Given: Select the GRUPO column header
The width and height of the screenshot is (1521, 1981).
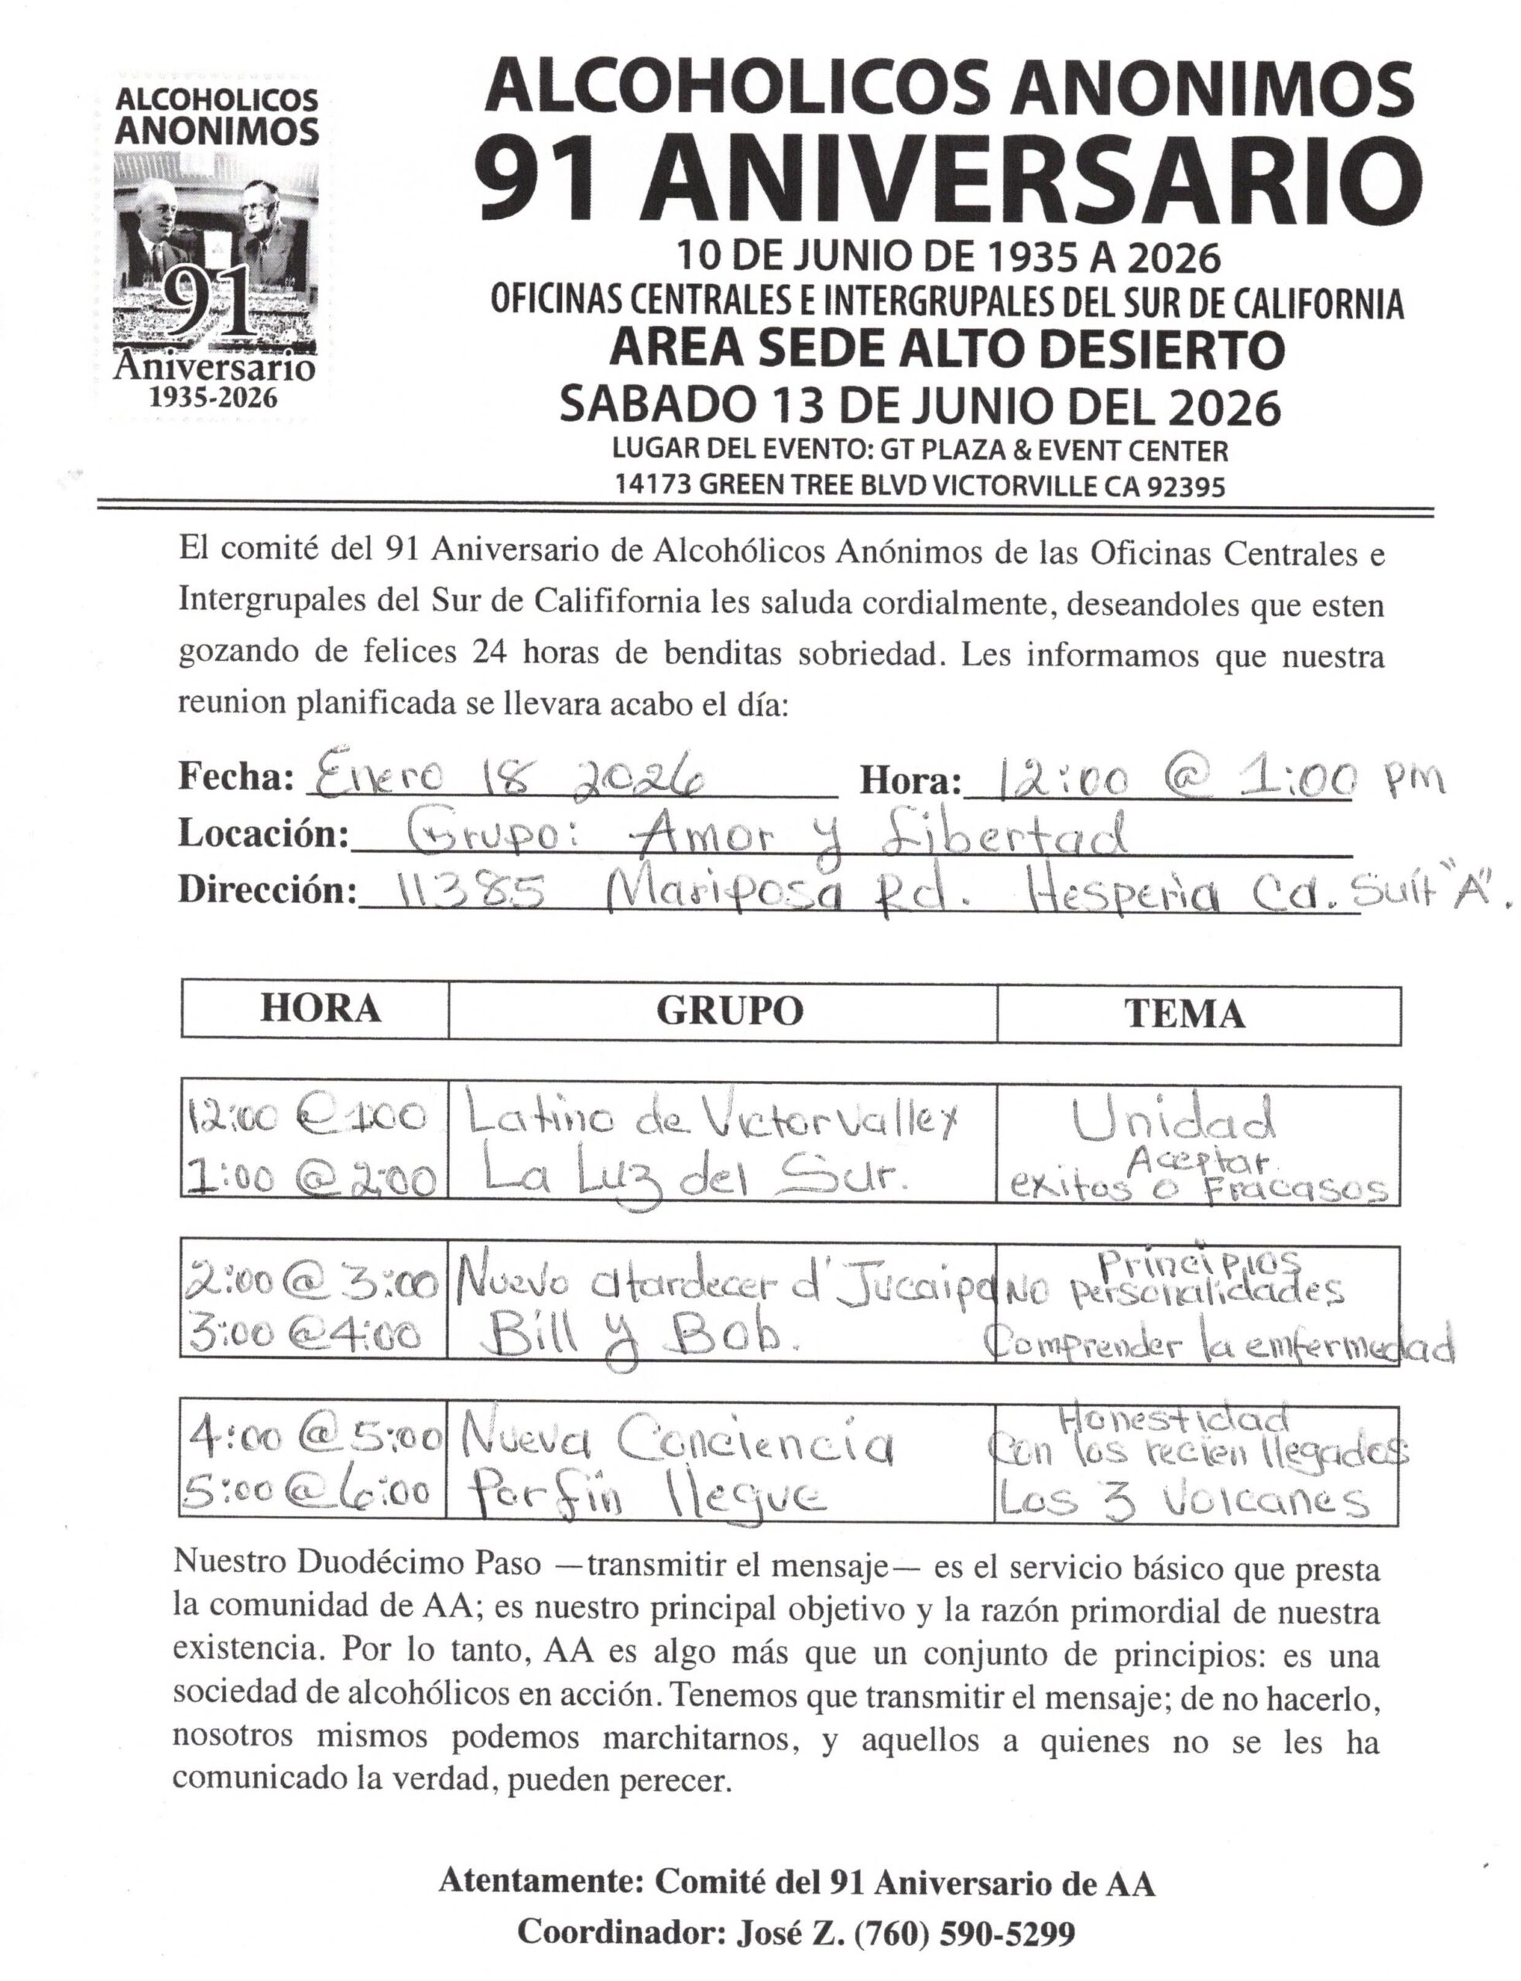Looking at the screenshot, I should [730, 1011].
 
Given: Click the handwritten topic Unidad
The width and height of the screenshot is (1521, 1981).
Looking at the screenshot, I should [1174, 1121].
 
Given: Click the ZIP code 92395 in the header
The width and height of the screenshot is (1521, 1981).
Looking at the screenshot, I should [1186, 487].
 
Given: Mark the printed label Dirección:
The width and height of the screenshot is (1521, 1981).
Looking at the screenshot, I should [268, 891].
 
